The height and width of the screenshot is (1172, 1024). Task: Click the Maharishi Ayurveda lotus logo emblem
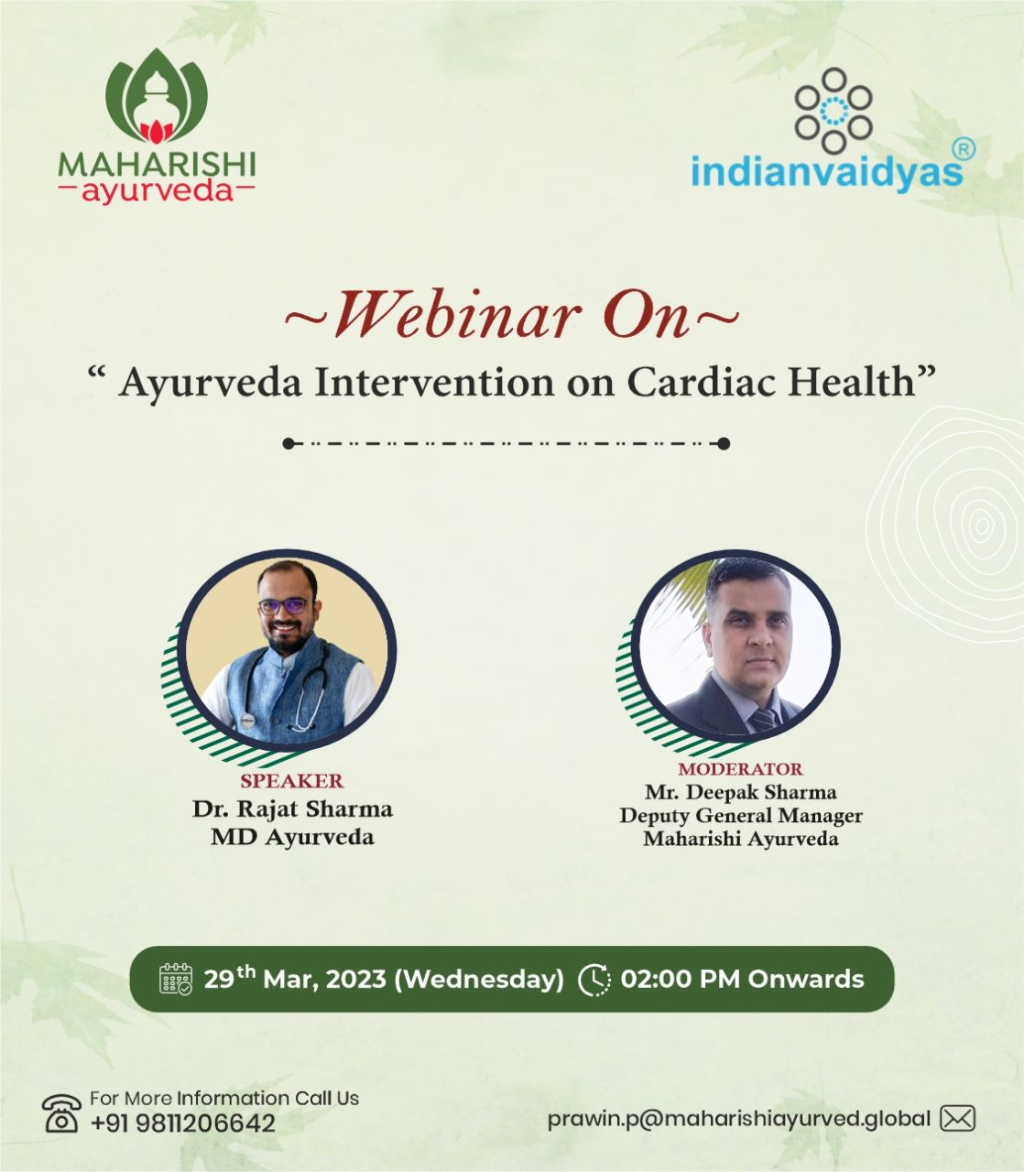[157, 96]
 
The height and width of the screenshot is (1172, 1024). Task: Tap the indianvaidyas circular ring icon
[833, 111]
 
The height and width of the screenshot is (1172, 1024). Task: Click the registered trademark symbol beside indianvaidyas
[964, 149]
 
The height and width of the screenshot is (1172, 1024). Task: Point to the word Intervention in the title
[434, 382]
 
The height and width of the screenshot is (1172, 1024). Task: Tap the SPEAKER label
[291, 781]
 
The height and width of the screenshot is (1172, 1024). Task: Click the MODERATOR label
[740, 769]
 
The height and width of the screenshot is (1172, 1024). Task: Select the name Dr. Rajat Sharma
[292, 808]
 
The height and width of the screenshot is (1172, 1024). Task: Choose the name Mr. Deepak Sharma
[740, 792]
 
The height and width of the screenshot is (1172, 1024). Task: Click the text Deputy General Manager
[740, 816]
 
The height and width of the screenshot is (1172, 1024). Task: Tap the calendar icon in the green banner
[175, 979]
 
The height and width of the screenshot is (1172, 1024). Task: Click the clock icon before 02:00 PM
[594, 980]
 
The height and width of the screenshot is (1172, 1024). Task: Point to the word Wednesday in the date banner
[479, 979]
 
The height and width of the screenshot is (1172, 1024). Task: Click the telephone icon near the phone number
[61, 1113]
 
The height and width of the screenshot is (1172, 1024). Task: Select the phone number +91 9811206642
[183, 1123]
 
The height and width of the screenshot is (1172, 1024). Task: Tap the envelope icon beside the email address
[957, 1119]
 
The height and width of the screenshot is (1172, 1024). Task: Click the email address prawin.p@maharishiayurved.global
[738, 1119]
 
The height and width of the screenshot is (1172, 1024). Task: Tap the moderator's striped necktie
[763, 720]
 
